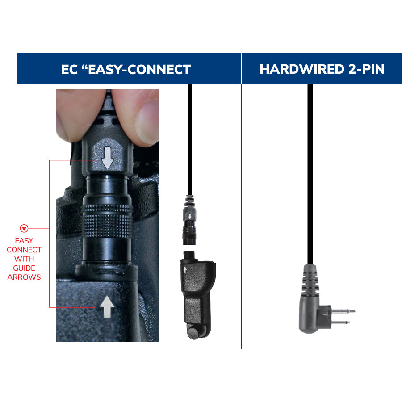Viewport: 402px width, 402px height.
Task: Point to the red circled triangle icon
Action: (x=24, y=229)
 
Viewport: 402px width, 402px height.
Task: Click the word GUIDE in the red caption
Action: (x=24, y=268)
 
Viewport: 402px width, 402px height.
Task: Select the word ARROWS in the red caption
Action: (x=24, y=277)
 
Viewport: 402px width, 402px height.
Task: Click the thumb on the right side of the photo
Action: (x=145, y=114)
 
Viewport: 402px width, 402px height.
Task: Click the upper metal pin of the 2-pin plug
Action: (x=344, y=310)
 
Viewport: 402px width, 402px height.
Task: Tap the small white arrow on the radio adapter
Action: (x=185, y=269)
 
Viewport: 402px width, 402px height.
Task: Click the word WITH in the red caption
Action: (x=24, y=259)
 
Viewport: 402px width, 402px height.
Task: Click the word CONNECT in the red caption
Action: (x=24, y=250)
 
